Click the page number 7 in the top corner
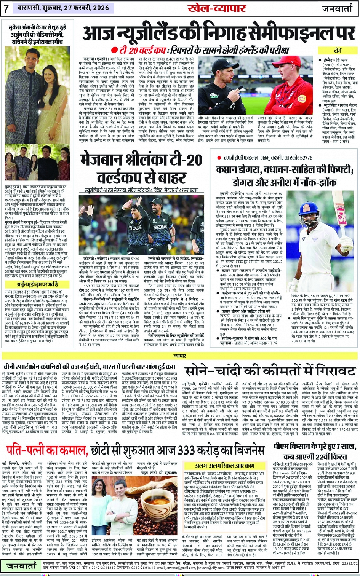click(x=6, y=8)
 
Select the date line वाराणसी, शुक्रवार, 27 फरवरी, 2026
click(x=62, y=8)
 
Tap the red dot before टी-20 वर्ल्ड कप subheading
click(x=114, y=50)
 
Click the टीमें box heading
click(x=338, y=51)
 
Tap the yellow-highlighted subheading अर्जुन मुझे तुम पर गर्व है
click(x=37, y=284)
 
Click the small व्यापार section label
click(x=180, y=356)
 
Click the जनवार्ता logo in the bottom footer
click(x=21, y=566)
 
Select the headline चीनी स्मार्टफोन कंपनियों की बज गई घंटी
click(x=89, y=367)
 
